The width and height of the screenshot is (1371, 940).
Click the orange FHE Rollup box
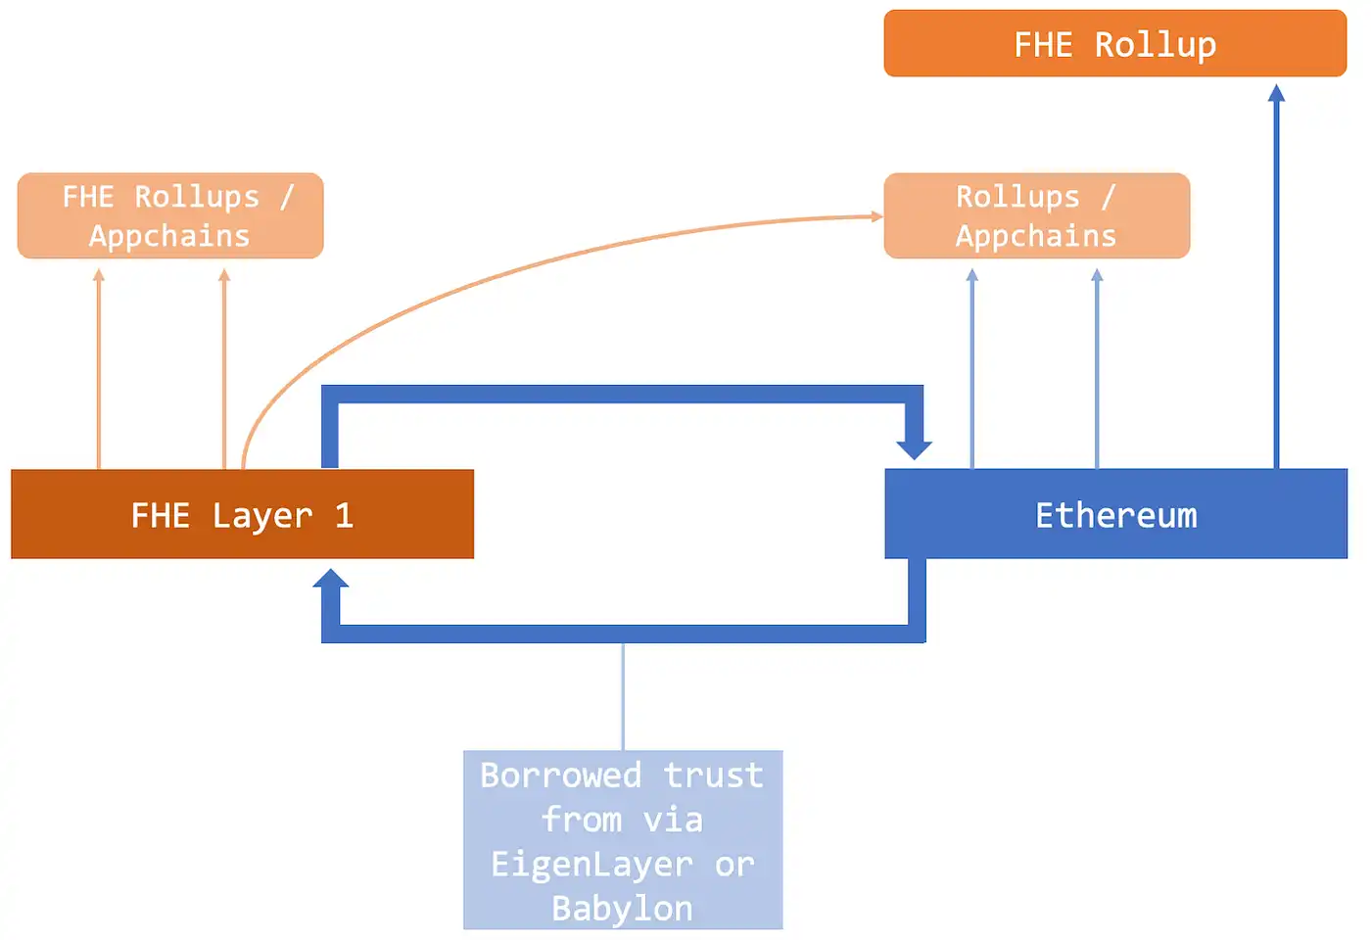click(1114, 43)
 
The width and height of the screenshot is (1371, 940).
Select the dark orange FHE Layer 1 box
click(242, 514)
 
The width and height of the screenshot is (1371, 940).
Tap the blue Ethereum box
click(1115, 514)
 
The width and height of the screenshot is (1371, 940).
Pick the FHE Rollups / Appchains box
click(170, 216)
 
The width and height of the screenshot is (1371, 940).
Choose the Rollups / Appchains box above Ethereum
click(1036, 216)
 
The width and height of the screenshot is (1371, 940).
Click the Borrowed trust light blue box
click(623, 839)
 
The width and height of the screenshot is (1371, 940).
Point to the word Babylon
click(623, 909)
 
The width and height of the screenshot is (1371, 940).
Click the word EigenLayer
click(591, 865)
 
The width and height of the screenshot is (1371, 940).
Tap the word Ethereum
click(1116, 515)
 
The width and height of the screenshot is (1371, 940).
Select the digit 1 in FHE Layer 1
click(344, 515)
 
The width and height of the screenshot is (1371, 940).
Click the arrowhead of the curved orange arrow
click(877, 216)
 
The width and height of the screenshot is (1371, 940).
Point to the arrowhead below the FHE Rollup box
click(1276, 93)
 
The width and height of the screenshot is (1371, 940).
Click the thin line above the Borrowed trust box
click(623, 696)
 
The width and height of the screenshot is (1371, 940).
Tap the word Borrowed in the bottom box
click(560, 775)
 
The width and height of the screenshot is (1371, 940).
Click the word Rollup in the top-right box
click(1156, 45)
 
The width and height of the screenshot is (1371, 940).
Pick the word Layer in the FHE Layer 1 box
click(262, 516)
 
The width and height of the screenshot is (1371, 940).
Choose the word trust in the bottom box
click(713, 775)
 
